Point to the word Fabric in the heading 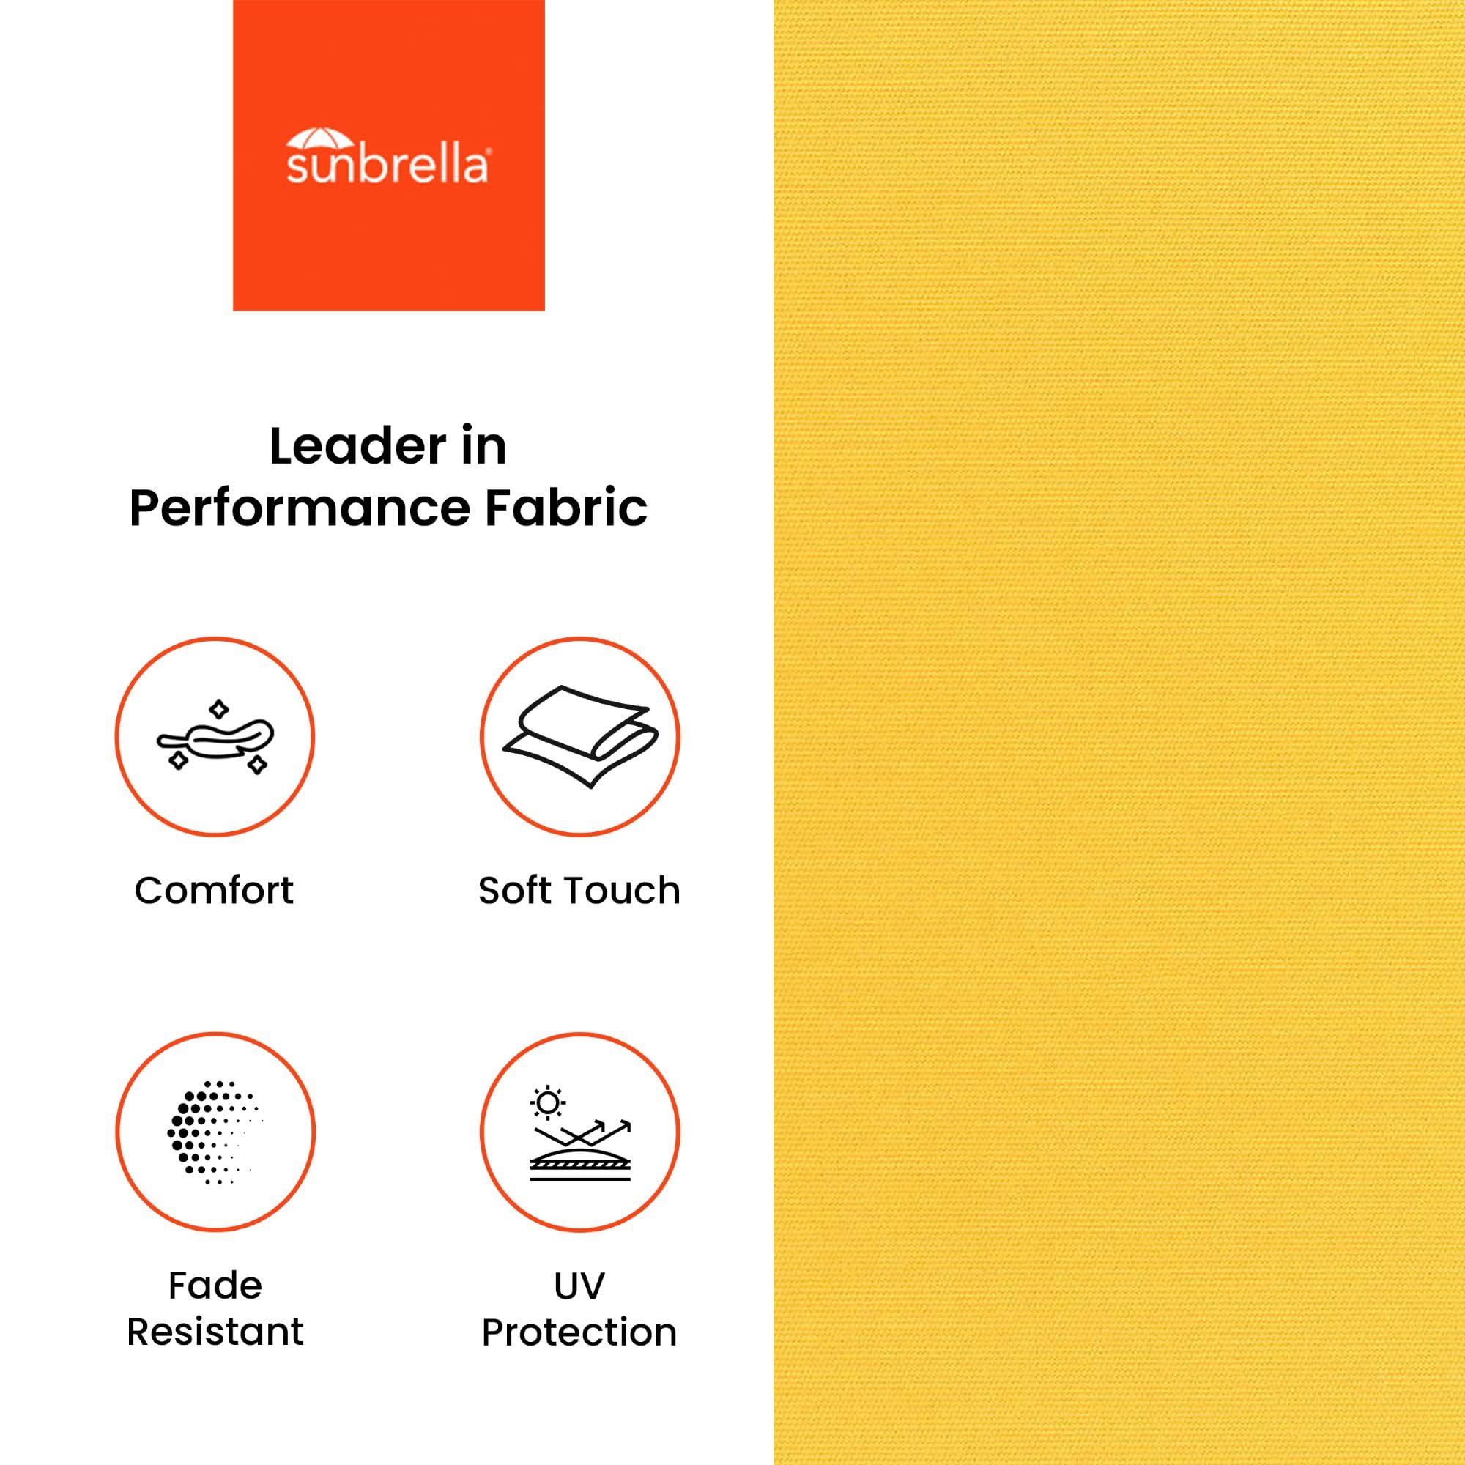565,508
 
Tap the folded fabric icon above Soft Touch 580,736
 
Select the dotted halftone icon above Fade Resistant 215,1132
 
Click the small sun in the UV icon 547,1104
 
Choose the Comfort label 214,890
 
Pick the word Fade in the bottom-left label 215,1286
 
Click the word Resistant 215,1332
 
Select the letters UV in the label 579,1286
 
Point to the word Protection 579,1332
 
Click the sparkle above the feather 218,710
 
